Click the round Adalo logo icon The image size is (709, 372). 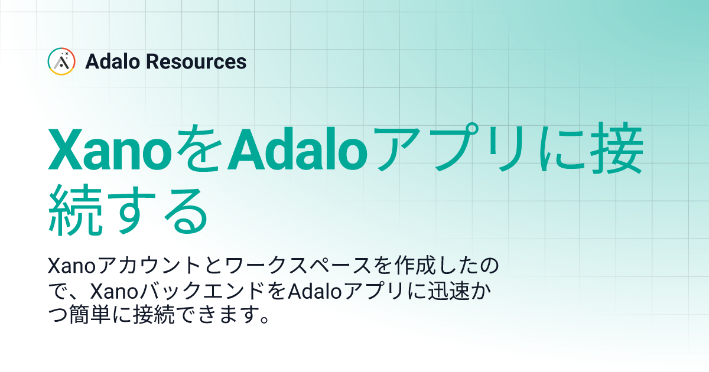click(x=61, y=61)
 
